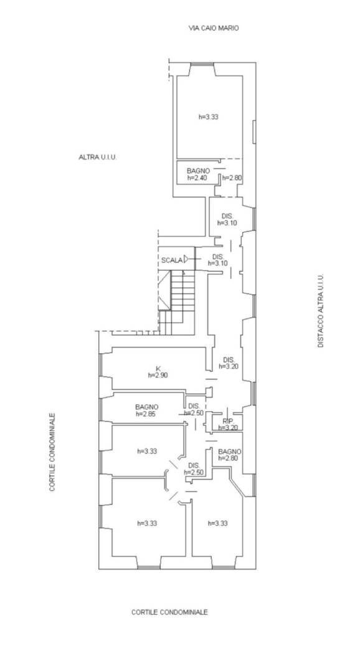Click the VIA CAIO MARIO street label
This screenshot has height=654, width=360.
pos(214,29)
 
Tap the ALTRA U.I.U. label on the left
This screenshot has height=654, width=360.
pos(97,157)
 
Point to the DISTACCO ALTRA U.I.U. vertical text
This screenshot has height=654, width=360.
pos(320,311)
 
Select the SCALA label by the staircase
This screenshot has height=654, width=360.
pos(172,260)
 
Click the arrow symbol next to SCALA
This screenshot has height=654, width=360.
pos(186,260)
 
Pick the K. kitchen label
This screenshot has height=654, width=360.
pos(159,368)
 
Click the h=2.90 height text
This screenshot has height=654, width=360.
pos(158,375)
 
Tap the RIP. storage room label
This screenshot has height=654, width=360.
pos(227,421)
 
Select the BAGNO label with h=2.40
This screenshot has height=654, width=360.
pos(198,171)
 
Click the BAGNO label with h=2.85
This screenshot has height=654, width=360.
pos(147,407)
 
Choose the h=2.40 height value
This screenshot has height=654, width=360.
pos(197,178)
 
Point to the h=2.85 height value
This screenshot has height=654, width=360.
pos(146,414)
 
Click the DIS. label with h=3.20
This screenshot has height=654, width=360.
pos(229,359)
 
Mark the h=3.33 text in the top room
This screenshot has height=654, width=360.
pos(208,117)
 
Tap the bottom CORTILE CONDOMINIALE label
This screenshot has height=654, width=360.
pos(169,612)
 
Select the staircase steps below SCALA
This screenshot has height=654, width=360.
pos(177,302)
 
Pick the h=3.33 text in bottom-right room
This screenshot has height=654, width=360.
pos(217,523)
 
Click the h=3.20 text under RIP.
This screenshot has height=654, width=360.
pos(229,427)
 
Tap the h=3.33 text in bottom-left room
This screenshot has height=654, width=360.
pos(147,523)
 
